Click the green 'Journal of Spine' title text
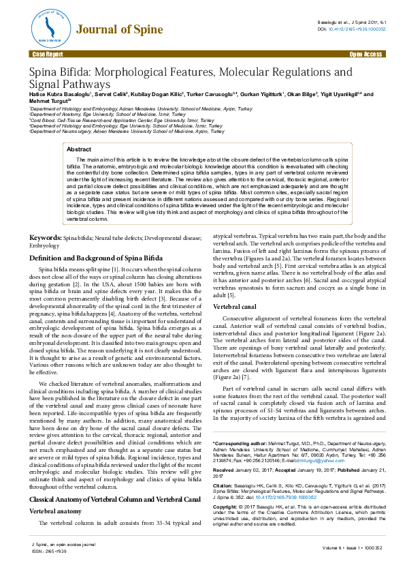(119, 29)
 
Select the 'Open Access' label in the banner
(366, 53)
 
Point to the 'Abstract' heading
(79, 149)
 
